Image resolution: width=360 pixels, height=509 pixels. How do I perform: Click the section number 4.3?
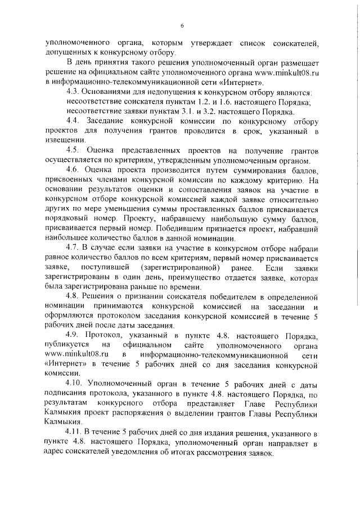point(73,92)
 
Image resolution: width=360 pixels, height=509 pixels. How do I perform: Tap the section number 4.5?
point(73,150)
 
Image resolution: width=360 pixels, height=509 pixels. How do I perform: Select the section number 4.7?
point(73,248)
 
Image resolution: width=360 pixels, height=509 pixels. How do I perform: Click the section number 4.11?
point(74,433)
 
